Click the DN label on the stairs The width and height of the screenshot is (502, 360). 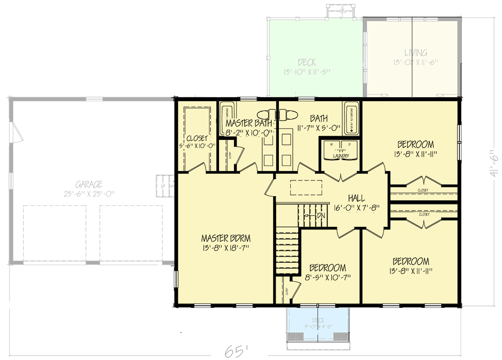(320, 216)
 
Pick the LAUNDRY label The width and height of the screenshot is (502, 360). (341, 156)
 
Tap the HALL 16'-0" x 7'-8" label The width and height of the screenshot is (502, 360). (356, 203)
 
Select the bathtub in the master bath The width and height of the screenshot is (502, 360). (226, 119)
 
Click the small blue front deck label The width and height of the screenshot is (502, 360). (318, 323)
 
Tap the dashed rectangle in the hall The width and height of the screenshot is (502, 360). (306, 187)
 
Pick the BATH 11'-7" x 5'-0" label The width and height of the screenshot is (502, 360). (318, 123)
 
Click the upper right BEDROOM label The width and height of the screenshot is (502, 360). (415, 149)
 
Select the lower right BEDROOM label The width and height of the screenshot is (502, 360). (410, 265)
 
